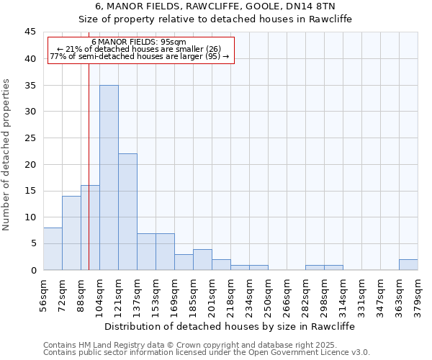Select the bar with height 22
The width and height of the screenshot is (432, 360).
tap(127, 212)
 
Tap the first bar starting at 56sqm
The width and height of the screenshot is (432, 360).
tap(53, 248)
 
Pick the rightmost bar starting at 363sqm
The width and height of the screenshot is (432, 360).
tap(408, 264)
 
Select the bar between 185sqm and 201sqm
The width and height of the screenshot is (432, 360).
tap(202, 259)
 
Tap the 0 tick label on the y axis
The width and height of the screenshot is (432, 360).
tap(33, 271)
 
